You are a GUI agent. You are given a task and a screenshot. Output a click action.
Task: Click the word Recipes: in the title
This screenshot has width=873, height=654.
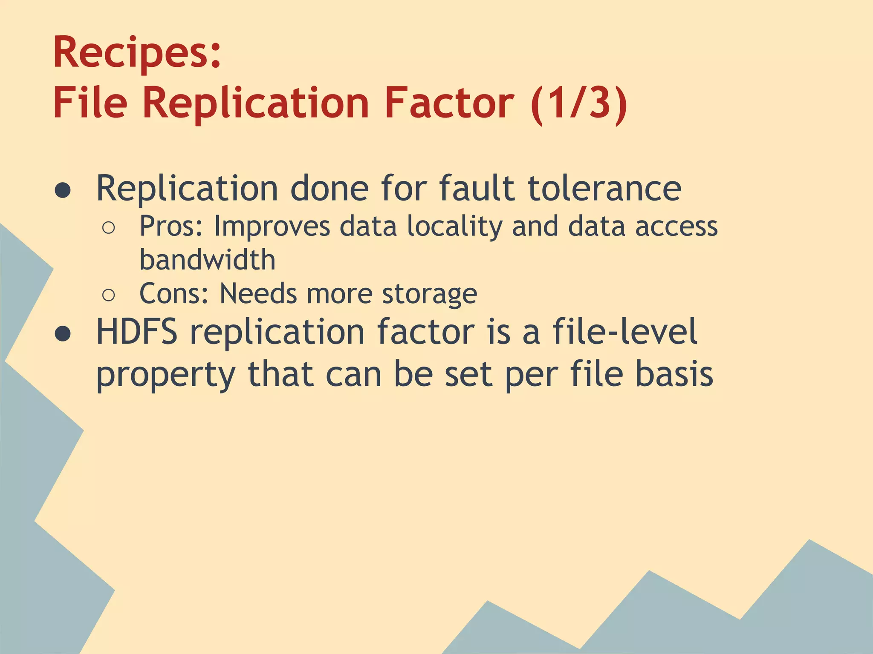click(x=137, y=53)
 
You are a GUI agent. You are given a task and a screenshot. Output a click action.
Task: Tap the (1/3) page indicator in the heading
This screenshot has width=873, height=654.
click(x=579, y=103)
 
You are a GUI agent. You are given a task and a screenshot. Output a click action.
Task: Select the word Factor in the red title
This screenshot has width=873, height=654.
click(x=449, y=103)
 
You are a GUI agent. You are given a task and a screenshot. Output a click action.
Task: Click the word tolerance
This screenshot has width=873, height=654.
click(x=604, y=189)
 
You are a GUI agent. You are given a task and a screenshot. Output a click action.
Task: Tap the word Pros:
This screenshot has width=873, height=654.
click(x=171, y=227)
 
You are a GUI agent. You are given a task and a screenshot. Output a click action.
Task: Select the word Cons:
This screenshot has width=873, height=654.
click(x=174, y=294)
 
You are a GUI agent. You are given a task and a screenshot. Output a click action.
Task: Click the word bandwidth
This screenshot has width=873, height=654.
click(x=208, y=260)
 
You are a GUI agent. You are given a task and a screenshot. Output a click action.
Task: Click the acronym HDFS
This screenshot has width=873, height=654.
click(x=137, y=332)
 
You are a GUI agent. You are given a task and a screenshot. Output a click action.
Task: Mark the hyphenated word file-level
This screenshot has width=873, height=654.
click(x=625, y=332)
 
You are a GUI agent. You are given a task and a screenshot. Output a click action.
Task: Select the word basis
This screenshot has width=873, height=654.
click(x=674, y=374)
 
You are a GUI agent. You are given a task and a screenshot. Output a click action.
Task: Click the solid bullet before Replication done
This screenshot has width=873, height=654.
click(x=63, y=190)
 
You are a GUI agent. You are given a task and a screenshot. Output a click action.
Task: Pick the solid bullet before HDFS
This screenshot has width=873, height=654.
click(x=63, y=334)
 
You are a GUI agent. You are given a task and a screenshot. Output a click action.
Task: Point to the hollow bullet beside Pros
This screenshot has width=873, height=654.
click(x=109, y=228)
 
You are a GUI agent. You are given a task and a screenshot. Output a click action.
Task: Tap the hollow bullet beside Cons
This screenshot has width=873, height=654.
click(x=109, y=295)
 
